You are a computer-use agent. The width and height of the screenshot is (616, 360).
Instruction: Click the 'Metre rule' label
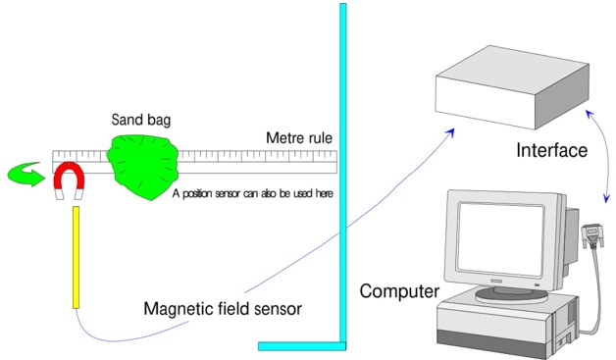298,137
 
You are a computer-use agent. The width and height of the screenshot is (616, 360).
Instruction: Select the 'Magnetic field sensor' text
222,309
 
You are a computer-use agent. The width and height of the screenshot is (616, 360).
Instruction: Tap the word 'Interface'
551,151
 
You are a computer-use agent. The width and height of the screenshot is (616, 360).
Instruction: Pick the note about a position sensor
252,193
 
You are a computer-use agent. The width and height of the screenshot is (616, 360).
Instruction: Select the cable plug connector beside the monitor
591,232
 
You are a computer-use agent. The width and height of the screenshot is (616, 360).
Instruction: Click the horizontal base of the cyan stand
303,345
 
